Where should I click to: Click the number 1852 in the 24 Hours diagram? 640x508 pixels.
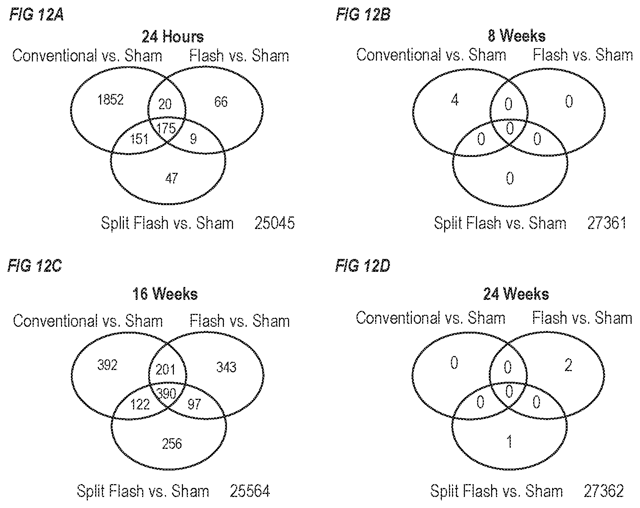pos(110,100)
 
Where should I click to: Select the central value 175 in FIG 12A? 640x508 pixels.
pos(166,128)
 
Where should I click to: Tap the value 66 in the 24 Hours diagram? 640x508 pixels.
pos(221,102)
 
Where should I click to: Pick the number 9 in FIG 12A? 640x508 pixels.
pos(193,139)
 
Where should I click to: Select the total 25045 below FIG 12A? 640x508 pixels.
pos(274,223)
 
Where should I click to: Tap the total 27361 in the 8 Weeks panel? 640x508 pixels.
pos(606,223)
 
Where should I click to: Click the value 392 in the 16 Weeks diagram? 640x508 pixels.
pos(107,365)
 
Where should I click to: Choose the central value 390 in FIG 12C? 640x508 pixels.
pos(166,394)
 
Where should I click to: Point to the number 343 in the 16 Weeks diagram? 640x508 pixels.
pos(226,367)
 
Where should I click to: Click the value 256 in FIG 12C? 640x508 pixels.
pos(172,444)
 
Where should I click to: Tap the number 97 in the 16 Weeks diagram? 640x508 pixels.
pos(194,404)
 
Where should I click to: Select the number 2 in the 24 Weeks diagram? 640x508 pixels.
pos(568,365)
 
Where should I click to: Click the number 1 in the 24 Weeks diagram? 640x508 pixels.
pos(510,442)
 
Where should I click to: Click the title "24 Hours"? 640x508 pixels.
pos(173,37)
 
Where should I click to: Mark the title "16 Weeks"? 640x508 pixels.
pos(165,294)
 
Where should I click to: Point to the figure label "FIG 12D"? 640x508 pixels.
pos(363,267)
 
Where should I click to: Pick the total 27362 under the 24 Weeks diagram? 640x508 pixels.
pos(603,491)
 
